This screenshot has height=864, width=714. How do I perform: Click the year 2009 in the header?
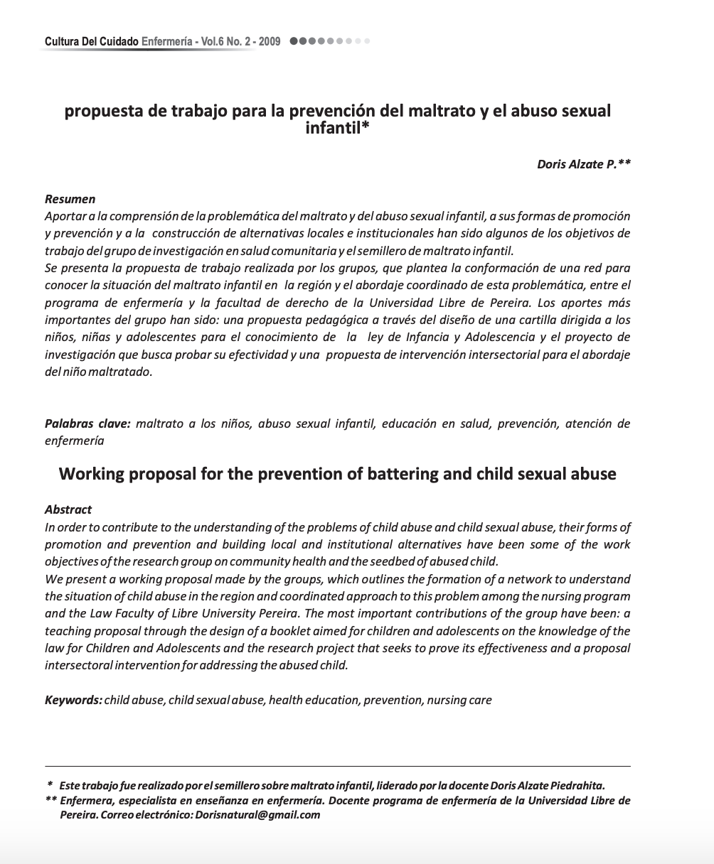tap(270, 42)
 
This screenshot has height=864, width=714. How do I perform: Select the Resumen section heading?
tap(70, 199)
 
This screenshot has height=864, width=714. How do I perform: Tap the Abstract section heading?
tap(68, 509)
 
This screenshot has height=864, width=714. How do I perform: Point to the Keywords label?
tap(73, 700)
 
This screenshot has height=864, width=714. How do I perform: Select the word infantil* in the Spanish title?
tap(337, 129)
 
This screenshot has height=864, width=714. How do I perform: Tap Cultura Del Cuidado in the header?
tap(92, 42)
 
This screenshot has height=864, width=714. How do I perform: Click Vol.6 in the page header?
tap(213, 42)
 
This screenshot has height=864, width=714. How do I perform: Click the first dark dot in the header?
tap(294, 41)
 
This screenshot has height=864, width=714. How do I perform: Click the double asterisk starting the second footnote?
tap(50, 800)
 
